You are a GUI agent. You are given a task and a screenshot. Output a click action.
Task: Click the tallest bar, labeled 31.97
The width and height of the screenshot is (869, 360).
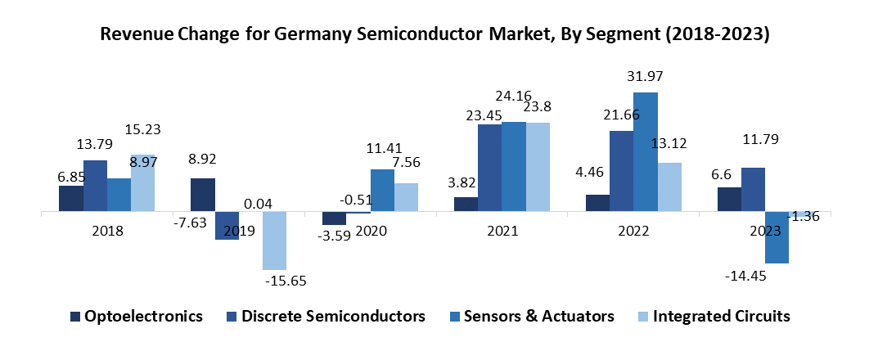point(646,152)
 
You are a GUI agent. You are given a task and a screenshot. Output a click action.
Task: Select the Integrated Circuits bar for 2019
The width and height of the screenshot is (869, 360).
point(274,241)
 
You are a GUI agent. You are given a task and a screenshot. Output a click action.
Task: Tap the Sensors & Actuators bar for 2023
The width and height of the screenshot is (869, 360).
point(777,237)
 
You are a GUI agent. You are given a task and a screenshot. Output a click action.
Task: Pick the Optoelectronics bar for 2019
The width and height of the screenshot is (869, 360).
point(203,195)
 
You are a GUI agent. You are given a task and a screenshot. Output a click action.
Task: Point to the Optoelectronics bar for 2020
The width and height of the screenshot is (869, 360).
point(333,218)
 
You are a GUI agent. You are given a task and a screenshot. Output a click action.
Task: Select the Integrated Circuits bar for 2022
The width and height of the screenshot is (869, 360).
point(669,187)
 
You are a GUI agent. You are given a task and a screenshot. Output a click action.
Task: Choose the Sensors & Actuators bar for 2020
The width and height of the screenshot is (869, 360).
point(382,191)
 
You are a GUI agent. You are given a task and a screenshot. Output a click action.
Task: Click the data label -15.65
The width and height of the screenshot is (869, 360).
point(285,281)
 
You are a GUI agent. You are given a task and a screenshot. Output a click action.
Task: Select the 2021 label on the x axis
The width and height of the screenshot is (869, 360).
point(502,232)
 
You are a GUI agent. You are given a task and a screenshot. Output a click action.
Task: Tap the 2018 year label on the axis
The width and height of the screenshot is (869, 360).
point(108,232)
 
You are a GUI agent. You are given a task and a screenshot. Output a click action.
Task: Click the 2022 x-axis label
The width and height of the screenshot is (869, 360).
point(634,232)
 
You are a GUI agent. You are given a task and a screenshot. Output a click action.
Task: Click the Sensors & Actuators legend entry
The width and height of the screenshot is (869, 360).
point(530,316)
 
